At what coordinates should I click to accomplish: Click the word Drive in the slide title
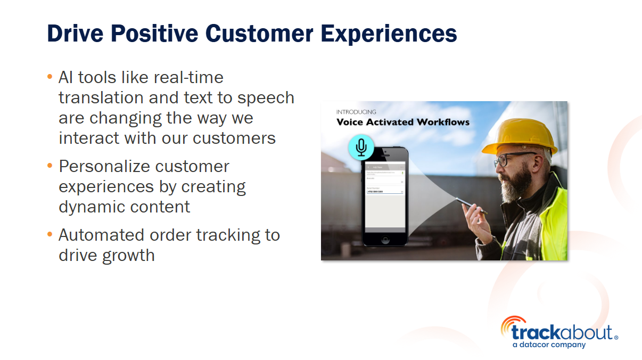(75, 34)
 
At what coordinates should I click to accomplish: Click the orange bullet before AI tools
(50, 77)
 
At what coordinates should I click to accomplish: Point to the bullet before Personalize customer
(50, 166)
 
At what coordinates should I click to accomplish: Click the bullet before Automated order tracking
(50, 235)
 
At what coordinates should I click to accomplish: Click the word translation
(101, 97)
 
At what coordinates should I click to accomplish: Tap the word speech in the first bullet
(266, 98)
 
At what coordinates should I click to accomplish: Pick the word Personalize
(97, 166)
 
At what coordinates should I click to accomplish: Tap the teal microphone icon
(361, 147)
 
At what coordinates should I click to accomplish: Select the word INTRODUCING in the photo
(356, 112)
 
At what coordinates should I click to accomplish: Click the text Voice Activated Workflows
(402, 122)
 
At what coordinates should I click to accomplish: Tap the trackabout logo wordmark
(561, 332)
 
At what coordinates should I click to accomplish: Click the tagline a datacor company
(548, 345)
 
